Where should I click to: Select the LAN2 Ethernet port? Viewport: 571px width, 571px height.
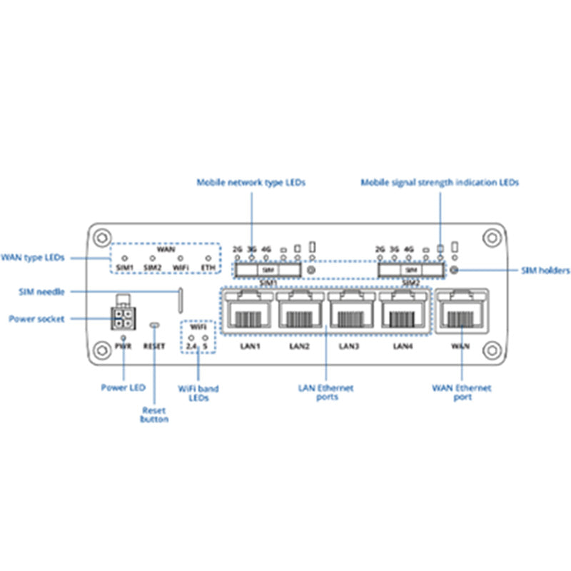tap(299, 312)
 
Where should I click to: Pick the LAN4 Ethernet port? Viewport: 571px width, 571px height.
tap(403, 312)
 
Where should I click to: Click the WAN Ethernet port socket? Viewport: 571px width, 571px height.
tap(462, 312)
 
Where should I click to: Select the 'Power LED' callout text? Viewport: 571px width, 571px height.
tap(123, 388)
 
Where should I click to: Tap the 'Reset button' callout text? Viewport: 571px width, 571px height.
tap(154, 415)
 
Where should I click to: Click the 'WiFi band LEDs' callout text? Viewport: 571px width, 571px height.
tap(198, 393)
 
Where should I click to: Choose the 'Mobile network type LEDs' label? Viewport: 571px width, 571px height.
tap(251, 183)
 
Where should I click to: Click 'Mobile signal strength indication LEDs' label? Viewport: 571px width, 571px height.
tap(440, 183)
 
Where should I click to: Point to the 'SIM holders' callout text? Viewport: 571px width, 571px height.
tap(545, 271)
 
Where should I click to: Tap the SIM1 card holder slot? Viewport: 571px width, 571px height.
tap(268, 271)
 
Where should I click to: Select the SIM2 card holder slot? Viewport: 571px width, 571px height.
tap(410, 271)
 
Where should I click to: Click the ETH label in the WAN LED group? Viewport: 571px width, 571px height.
tap(208, 268)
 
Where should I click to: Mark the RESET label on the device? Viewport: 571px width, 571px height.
tap(153, 346)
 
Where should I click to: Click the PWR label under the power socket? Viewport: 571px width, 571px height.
tap(124, 346)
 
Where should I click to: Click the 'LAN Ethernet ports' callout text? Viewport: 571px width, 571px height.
tap(326, 392)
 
